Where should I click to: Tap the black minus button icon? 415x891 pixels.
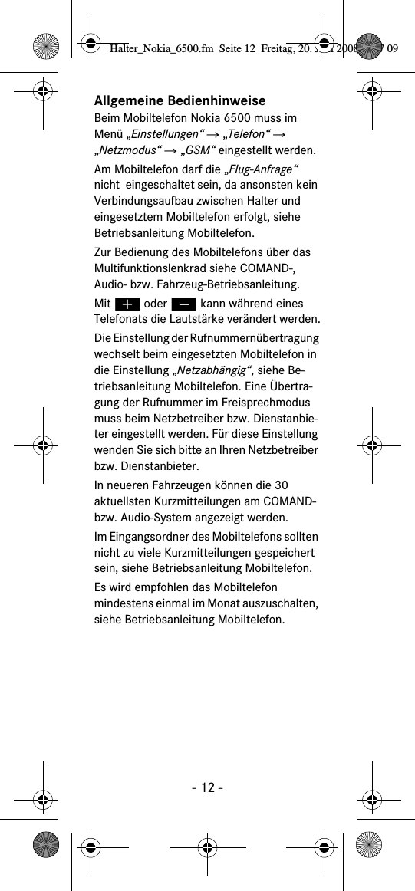183,304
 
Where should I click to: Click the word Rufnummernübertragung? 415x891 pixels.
258,338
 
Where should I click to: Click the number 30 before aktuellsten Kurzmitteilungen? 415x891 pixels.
281,485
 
